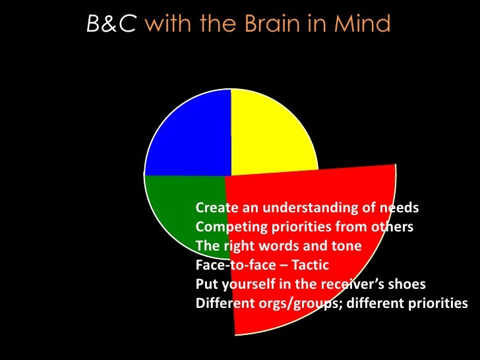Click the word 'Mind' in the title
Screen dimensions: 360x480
coord(363,24)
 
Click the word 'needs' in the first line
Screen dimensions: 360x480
coord(399,208)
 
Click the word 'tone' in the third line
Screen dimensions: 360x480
coord(346,247)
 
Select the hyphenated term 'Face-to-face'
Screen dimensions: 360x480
coord(233,266)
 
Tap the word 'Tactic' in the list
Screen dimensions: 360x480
coord(309,266)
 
